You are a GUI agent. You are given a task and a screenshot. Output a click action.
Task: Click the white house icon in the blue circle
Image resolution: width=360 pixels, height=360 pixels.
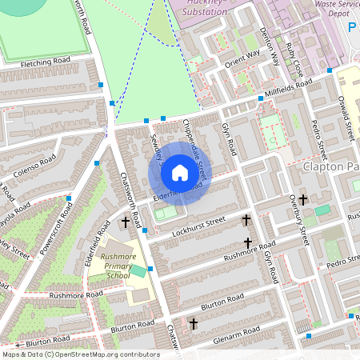(180, 173)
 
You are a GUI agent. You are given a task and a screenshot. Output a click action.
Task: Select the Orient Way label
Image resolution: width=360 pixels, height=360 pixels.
(242, 57)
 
